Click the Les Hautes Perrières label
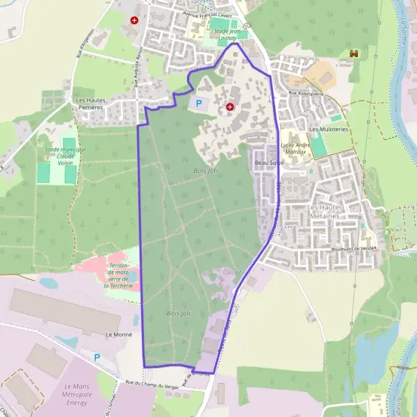90,104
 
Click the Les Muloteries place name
329,129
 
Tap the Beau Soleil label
271,163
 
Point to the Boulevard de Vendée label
353,248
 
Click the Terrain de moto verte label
122,275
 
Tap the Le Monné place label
118,334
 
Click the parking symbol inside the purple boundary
199,104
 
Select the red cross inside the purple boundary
230,107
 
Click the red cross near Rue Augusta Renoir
134,21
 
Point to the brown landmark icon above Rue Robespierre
354,54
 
